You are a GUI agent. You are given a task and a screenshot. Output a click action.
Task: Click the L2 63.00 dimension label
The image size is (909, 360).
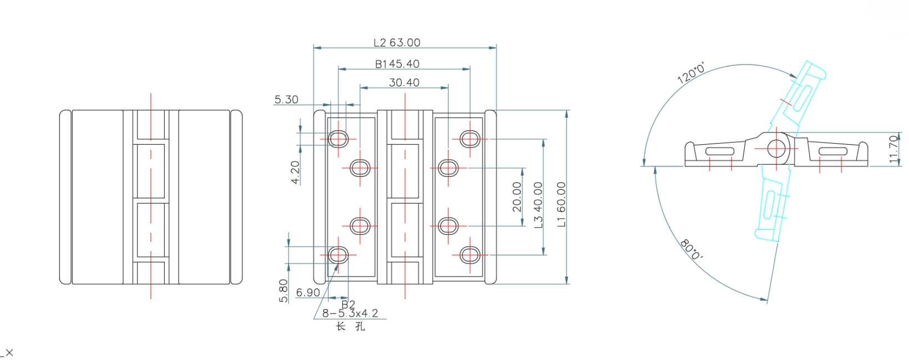(396, 43)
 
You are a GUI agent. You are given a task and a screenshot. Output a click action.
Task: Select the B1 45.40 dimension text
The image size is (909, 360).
(397, 64)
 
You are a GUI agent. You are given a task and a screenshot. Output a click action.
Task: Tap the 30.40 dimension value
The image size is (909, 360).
(404, 83)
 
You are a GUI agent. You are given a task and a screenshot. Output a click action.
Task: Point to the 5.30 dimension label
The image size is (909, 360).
(286, 100)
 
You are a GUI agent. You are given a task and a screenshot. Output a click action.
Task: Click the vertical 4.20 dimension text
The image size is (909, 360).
(295, 173)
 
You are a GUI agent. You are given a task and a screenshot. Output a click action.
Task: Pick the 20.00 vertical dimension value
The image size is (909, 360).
(517, 197)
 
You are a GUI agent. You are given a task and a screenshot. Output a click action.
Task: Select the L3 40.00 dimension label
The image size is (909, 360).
(538, 205)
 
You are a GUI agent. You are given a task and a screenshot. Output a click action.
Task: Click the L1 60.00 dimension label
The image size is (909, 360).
(561, 205)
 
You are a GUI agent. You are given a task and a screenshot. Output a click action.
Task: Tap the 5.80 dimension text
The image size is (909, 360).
(283, 291)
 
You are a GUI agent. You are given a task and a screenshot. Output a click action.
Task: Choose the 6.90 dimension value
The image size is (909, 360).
(308, 292)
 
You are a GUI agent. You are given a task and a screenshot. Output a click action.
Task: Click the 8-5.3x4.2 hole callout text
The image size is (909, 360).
(350, 313)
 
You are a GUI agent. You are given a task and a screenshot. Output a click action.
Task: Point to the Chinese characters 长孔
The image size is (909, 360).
(350, 327)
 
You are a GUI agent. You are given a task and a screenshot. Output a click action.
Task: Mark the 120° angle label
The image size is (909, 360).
(691, 73)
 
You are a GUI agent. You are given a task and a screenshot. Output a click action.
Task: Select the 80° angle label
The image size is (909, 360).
(691, 250)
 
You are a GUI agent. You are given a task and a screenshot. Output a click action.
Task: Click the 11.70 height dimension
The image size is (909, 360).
(893, 149)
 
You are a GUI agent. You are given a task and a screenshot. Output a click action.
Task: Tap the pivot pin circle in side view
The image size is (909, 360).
(776, 148)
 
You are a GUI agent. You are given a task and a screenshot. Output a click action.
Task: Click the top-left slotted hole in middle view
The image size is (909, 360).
(338, 138)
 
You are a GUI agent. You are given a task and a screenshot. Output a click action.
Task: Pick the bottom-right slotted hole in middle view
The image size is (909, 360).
(469, 255)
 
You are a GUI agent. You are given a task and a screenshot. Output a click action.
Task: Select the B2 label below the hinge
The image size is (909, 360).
(348, 305)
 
